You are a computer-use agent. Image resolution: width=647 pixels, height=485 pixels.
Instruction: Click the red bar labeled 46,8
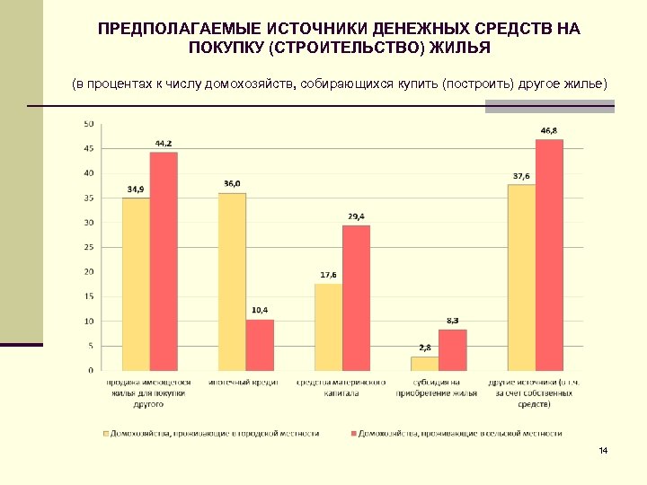549,255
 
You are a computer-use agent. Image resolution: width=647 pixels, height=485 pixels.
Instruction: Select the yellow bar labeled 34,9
136,284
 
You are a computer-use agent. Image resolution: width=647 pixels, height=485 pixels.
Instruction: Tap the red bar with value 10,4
260,345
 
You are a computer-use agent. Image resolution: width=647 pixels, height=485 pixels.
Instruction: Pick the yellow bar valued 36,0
232,281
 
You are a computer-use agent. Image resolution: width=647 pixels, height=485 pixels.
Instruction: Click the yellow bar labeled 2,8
424,363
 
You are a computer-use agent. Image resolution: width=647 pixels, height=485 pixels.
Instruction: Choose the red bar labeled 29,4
356,297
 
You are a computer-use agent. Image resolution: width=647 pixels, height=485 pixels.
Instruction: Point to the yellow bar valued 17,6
328,327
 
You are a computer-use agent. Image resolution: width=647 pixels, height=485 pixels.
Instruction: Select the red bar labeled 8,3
452,349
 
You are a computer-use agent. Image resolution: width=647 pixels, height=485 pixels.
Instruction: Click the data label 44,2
164,144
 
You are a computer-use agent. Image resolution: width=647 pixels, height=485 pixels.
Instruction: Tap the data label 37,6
521,176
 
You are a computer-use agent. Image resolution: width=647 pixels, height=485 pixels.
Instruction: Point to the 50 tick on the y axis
89,124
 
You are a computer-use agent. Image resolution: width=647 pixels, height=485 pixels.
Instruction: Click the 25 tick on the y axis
89,247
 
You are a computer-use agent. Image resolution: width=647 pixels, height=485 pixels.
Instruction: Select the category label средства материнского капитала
338,387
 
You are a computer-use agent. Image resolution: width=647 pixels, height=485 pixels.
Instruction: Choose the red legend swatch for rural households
352,433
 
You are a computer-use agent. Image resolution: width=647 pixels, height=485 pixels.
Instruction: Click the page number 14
603,449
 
